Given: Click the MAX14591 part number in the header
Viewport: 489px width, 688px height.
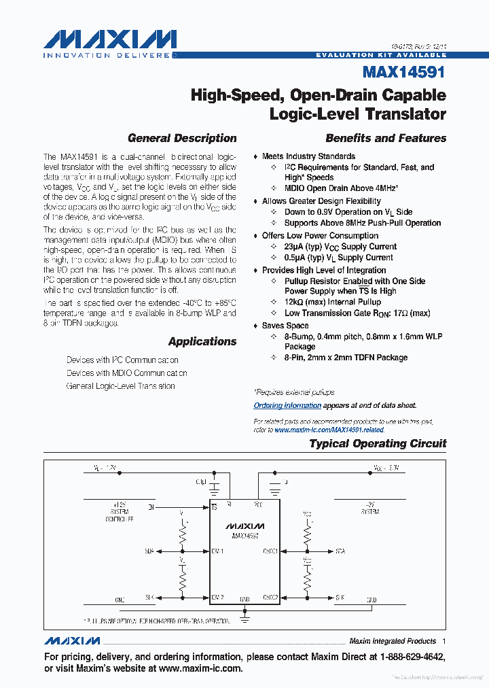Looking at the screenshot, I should coord(404,72).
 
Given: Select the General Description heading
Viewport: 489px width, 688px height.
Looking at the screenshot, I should coord(182,138).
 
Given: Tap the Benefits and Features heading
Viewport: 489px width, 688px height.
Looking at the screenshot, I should coord(386,138).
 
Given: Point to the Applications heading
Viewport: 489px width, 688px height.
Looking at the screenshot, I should coord(202,341).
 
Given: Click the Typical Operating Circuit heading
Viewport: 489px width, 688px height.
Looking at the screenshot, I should coord(378,443).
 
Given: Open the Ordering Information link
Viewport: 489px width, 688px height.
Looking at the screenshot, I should coord(287,405).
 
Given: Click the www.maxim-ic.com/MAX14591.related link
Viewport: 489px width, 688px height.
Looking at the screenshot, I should coord(329,430).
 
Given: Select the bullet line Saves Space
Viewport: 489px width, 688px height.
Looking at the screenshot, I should coord(285,326).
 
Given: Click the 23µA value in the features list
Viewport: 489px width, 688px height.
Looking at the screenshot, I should coord(295,247).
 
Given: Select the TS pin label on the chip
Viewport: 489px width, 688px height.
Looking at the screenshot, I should coord(214,507).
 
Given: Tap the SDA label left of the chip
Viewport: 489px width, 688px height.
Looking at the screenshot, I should coord(149,551).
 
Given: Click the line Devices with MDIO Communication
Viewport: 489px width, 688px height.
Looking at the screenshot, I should coord(126,373).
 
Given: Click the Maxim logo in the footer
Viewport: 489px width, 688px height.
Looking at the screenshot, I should coord(73,641).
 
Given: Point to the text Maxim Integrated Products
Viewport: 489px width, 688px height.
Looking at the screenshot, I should coord(393,641).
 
